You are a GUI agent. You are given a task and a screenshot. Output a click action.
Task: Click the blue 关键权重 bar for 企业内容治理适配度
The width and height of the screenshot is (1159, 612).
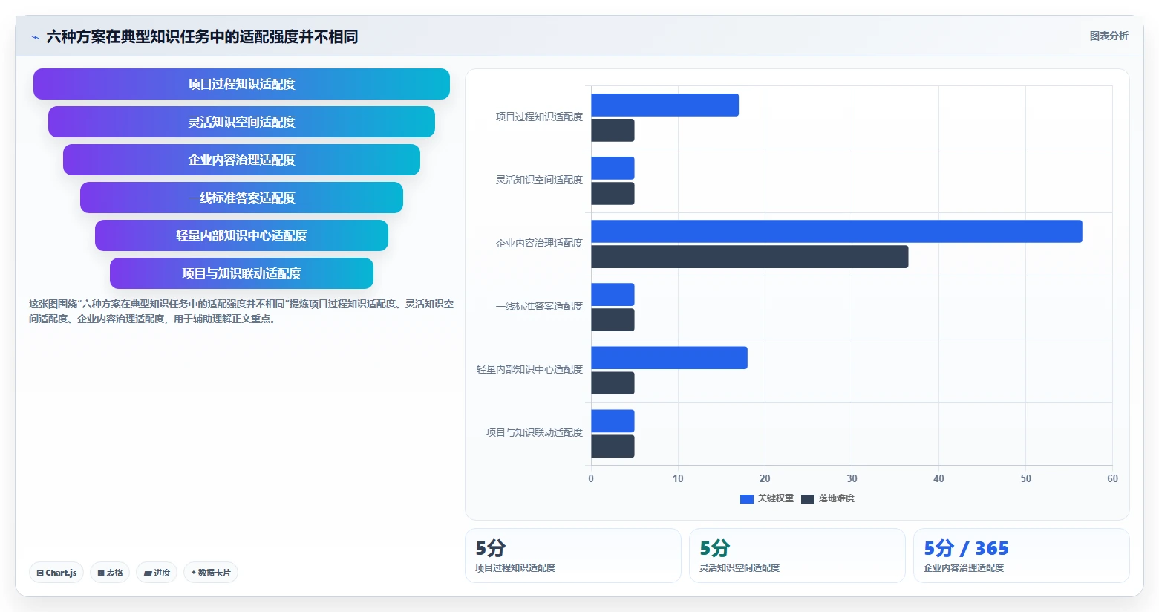point(837,232)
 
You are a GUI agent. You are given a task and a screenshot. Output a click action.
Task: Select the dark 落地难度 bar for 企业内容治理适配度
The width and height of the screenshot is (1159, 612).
point(750,257)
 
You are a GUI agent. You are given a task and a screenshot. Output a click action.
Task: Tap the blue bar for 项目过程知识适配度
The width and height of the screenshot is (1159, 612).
point(665,105)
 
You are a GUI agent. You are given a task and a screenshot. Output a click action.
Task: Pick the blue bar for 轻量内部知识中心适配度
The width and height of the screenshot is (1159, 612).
point(670,358)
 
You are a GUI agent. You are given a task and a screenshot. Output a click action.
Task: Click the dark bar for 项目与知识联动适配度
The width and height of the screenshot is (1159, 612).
point(613,446)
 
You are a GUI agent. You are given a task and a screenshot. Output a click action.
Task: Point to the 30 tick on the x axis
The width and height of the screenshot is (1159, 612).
point(852,478)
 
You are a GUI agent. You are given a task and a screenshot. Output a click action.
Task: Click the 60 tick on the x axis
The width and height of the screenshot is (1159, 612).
point(1112,478)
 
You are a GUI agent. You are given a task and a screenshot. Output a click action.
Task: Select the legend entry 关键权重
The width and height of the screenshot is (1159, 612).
point(767,498)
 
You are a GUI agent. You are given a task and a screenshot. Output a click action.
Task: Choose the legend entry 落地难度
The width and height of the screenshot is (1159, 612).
point(828,498)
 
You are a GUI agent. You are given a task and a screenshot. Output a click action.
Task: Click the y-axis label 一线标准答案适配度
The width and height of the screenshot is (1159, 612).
point(539,307)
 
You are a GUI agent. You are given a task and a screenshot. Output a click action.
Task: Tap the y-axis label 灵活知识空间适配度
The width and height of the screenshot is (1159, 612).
point(539,180)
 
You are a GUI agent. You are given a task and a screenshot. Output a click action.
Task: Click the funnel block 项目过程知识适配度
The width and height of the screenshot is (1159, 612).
point(241,84)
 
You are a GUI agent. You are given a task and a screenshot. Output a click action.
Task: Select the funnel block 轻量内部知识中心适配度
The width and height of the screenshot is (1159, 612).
point(241,235)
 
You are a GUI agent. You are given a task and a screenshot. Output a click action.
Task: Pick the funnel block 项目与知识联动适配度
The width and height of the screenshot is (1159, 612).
point(241,273)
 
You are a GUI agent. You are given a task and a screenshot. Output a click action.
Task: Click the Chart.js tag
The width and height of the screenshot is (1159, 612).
point(56,573)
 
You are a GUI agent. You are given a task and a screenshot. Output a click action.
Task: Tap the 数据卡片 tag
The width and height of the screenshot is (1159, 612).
point(211,573)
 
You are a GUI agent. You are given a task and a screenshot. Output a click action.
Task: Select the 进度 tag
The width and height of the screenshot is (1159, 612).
point(157,573)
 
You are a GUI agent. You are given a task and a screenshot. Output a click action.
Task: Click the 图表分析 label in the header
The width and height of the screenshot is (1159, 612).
point(1109,36)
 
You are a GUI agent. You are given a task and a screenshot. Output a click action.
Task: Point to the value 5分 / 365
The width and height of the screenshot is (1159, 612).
point(967,548)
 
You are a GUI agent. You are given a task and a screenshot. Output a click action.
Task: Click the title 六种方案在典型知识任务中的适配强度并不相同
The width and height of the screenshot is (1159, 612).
point(202,36)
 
